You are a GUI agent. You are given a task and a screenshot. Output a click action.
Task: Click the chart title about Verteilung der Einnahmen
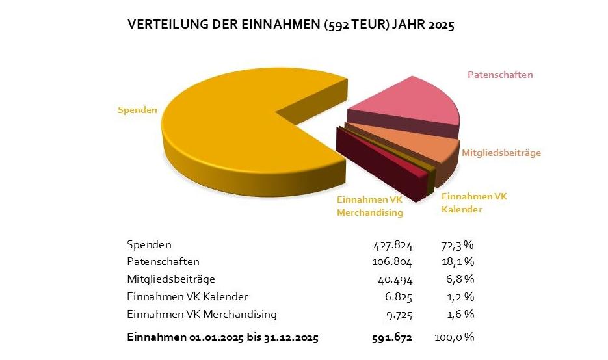291,25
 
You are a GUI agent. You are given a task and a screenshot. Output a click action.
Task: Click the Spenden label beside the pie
137,110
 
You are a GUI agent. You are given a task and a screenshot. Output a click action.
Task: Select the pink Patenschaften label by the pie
500,75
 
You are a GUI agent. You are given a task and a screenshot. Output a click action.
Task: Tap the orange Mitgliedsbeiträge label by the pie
501,153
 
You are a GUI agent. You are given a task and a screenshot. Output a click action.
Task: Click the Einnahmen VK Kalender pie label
474,203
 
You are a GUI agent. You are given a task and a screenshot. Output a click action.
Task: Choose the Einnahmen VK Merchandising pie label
370,206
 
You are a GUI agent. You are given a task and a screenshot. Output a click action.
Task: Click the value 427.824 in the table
392,245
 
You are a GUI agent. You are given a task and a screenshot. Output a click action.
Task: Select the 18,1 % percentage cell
453,262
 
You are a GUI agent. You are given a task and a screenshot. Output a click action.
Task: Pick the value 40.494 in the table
395,279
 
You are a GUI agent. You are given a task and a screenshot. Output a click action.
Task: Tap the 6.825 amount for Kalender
399,297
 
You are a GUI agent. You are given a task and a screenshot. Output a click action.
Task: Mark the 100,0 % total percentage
453,338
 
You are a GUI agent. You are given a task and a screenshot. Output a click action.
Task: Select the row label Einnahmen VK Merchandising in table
202,315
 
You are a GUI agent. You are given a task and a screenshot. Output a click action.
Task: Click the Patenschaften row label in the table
163,262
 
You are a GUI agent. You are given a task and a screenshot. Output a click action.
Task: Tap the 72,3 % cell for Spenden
453,245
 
